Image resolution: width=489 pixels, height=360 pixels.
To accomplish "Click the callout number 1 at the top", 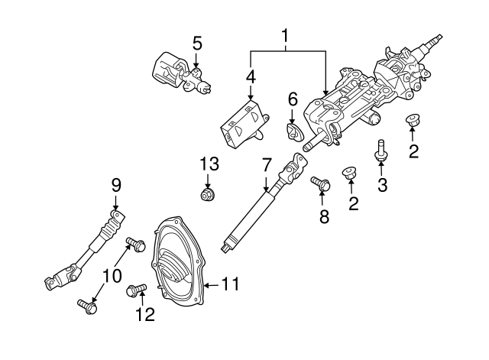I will click(286, 34).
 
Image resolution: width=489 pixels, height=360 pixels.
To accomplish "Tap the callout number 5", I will click(197, 43).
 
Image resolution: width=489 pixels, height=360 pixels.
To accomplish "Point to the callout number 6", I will click(292, 99).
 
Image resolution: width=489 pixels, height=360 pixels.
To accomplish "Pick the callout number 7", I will click(266, 164).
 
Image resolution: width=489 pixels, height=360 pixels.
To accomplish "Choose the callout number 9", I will click(116, 184).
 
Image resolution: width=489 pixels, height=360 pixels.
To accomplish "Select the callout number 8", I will click(323, 216).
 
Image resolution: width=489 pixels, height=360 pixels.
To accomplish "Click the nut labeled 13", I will click(206, 196).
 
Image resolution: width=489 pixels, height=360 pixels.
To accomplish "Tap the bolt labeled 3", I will click(380, 151).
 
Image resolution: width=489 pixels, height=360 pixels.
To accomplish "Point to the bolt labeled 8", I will click(321, 184).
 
